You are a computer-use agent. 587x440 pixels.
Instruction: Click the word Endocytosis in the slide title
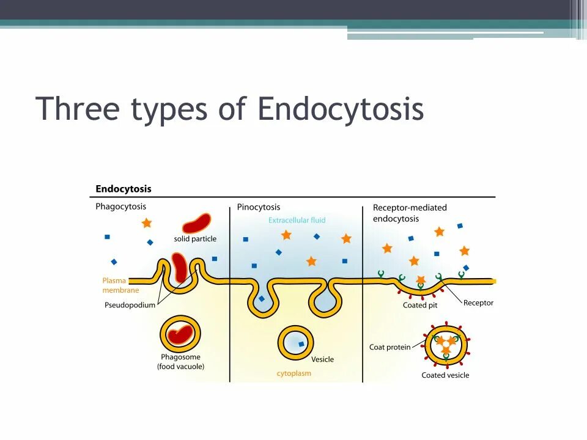pos(340,109)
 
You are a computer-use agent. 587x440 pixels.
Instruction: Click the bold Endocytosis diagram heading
pos(123,189)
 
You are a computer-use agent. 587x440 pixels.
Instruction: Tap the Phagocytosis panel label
pos(120,207)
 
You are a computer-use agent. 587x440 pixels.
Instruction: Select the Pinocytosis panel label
pos(259,207)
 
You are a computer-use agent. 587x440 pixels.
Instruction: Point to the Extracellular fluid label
pos(297,220)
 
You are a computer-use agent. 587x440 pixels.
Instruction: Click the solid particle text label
pos(195,239)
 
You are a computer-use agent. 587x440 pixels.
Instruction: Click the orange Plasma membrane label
pos(120,285)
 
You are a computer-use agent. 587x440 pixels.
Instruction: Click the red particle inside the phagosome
pos(180,334)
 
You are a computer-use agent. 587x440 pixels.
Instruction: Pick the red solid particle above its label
pos(196,223)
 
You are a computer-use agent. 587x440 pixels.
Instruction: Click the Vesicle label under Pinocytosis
pos(322,359)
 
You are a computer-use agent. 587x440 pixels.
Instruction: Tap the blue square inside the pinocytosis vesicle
pos(301,344)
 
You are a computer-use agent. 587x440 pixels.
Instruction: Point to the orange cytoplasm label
pos(293,373)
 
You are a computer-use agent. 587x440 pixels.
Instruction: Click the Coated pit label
pos(419,305)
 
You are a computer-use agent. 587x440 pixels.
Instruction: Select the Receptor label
pos(478,302)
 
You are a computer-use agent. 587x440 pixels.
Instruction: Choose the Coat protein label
pos(389,347)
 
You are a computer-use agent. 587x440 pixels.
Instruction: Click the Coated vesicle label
pos(445,375)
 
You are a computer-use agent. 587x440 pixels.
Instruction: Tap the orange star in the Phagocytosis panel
pos(146,223)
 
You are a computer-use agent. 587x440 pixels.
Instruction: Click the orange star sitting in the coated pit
pos(421,280)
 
